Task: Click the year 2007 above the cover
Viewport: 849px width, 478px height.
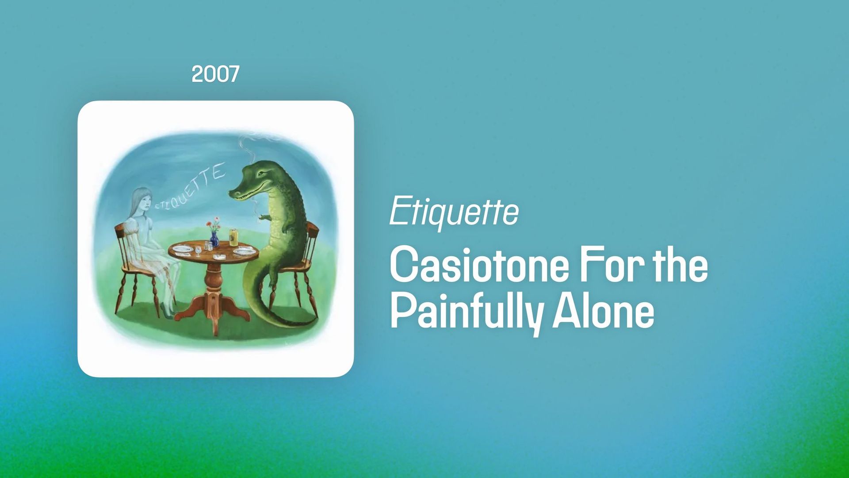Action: (x=215, y=74)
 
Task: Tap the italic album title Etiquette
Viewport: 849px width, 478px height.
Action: (x=454, y=212)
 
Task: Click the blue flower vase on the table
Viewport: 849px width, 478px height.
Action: (x=214, y=239)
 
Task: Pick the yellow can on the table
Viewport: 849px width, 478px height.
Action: (x=233, y=237)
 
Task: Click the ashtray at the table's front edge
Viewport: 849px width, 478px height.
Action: (x=219, y=257)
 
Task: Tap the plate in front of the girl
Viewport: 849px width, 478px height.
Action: (x=183, y=249)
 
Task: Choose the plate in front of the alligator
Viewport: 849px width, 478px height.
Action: (x=245, y=251)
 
